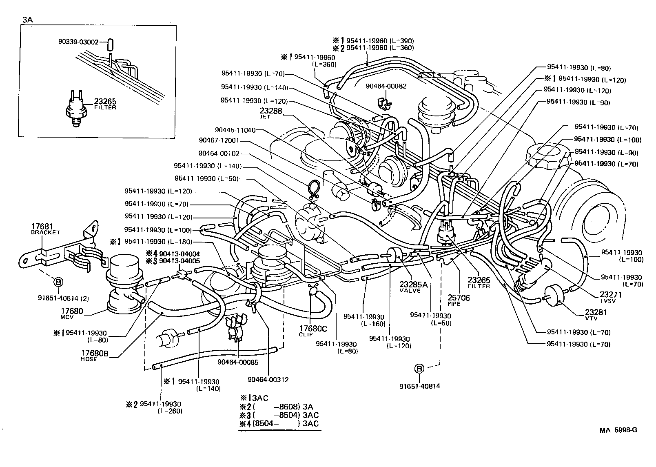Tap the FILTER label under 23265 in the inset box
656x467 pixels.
[105, 108]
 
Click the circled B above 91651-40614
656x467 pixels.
[58, 282]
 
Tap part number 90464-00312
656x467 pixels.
[268, 380]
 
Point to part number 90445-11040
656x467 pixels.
[235, 130]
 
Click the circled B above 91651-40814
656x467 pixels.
[419, 369]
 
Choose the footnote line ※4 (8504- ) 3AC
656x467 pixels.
[279, 424]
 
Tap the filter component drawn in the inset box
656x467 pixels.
[75, 109]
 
